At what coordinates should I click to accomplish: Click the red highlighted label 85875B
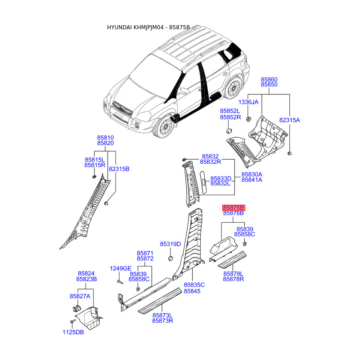point(234,208)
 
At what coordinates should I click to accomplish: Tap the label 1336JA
point(248,102)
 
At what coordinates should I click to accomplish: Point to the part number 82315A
point(289,120)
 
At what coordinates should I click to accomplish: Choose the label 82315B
point(119,169)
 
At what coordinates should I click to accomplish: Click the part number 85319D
point(171,244)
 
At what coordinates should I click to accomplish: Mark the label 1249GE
point(121,269)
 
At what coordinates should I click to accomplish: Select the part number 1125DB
point(73,333)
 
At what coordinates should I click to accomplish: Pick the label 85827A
point(80,296)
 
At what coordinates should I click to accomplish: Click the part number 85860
point(269,79)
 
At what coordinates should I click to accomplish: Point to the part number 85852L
point(230,111)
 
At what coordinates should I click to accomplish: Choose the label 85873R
point(162,321)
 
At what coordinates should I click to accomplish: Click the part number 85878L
point(233,274)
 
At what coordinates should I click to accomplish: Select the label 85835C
point(194,285)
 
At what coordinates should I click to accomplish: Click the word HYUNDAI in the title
point(120,27)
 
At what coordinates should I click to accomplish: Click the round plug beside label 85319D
point(171,259)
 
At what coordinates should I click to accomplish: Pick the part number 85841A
point(252,180)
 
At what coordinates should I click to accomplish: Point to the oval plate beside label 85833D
point(203,181)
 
